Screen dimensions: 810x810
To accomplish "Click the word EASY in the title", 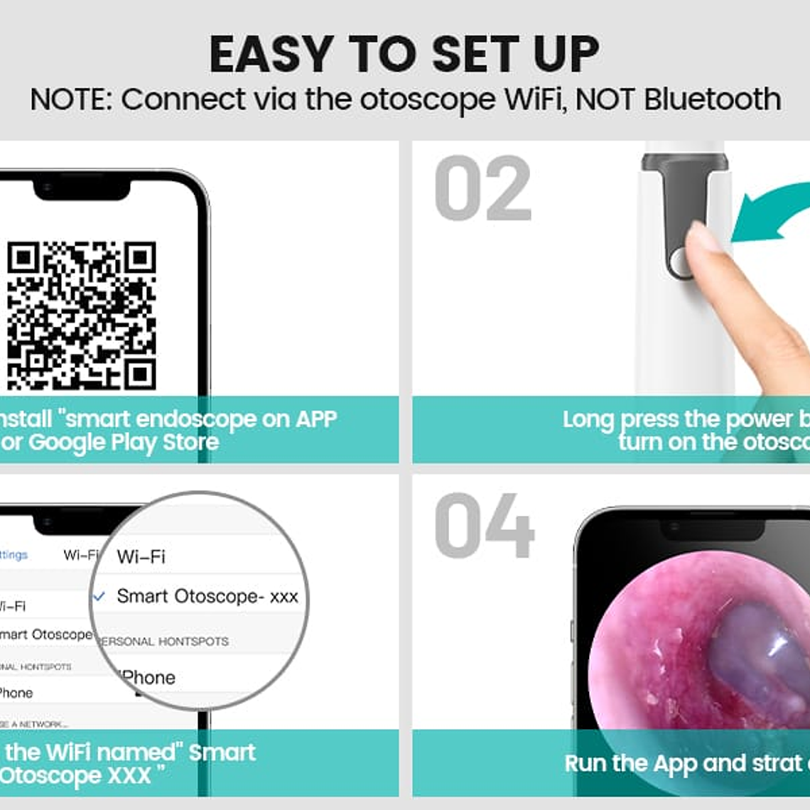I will [271, 55].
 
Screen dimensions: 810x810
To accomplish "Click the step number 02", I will [482, 189].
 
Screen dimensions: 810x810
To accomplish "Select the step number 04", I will [484, 526].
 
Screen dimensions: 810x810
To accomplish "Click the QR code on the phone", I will [81, 315].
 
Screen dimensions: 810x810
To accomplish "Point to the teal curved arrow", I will [767, 213].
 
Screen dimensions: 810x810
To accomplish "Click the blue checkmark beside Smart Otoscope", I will [99, 596].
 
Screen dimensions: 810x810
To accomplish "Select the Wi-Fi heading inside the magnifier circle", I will [141, 556].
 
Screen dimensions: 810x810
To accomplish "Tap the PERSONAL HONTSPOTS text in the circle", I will [163, 641].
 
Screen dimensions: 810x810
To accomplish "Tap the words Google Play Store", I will [124, 442].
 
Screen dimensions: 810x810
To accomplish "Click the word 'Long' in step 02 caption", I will [588, 420].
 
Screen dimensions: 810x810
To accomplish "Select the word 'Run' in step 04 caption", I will [585, 764].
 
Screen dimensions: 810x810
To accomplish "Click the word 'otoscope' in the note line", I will [428, 100].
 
